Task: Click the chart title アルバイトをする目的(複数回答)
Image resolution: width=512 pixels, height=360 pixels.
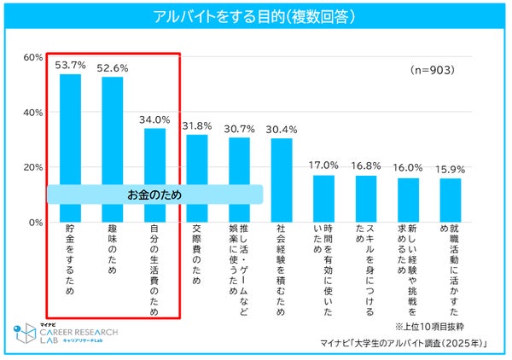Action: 256,17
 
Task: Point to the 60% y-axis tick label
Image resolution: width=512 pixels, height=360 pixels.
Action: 32,57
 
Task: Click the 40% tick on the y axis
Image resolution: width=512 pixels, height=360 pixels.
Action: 32,112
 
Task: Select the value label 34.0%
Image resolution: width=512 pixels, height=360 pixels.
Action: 154,120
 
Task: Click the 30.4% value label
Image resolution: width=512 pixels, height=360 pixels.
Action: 282,130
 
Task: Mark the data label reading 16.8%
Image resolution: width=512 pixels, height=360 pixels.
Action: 366,167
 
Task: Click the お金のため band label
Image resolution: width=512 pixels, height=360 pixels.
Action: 154,195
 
